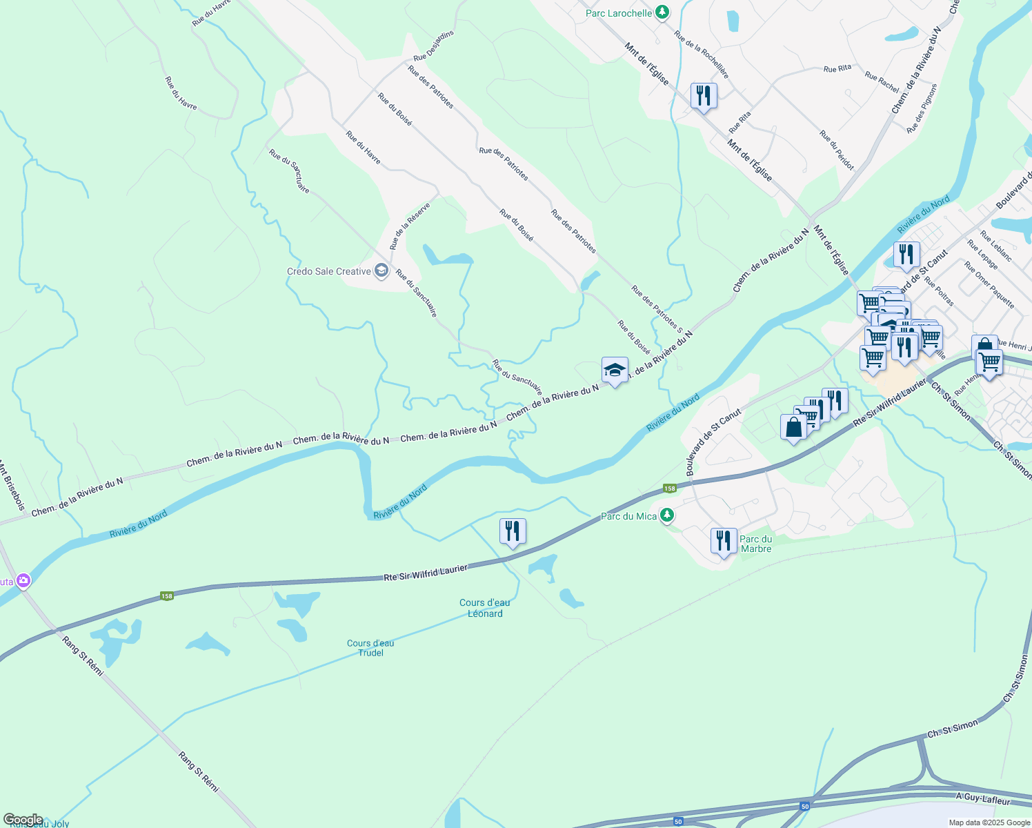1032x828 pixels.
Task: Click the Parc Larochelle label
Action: [x=619, y=13]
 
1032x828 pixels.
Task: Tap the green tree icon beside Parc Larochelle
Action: [x=662, y=12]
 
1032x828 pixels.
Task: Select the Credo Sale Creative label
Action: [x=329, y=271]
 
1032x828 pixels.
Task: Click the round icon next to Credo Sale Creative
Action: [x=381, y=271]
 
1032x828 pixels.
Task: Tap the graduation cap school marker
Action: [x=615, y=371]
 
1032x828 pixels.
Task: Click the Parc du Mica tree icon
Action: [x=666, y=515]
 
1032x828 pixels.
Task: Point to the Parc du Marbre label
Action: [x=756, y=544]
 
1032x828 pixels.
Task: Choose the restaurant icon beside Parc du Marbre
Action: [x=723, y=541]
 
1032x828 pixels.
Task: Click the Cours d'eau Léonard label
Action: [x=485, y=608]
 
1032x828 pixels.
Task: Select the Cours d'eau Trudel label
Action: [x=370, y=648]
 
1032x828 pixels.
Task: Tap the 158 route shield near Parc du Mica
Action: [x=669, y=489]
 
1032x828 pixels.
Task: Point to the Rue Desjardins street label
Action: [x=434, y=46]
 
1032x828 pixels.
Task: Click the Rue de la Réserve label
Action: [x=410, y=226]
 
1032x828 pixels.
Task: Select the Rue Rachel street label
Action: [x=882, y=83]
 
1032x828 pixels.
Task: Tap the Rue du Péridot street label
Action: [x=837, y=150]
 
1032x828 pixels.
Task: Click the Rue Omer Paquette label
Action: [x=989, y=285]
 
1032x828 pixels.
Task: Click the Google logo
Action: [x=23, y=820]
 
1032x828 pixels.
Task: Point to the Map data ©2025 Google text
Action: [x=989, y=822]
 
